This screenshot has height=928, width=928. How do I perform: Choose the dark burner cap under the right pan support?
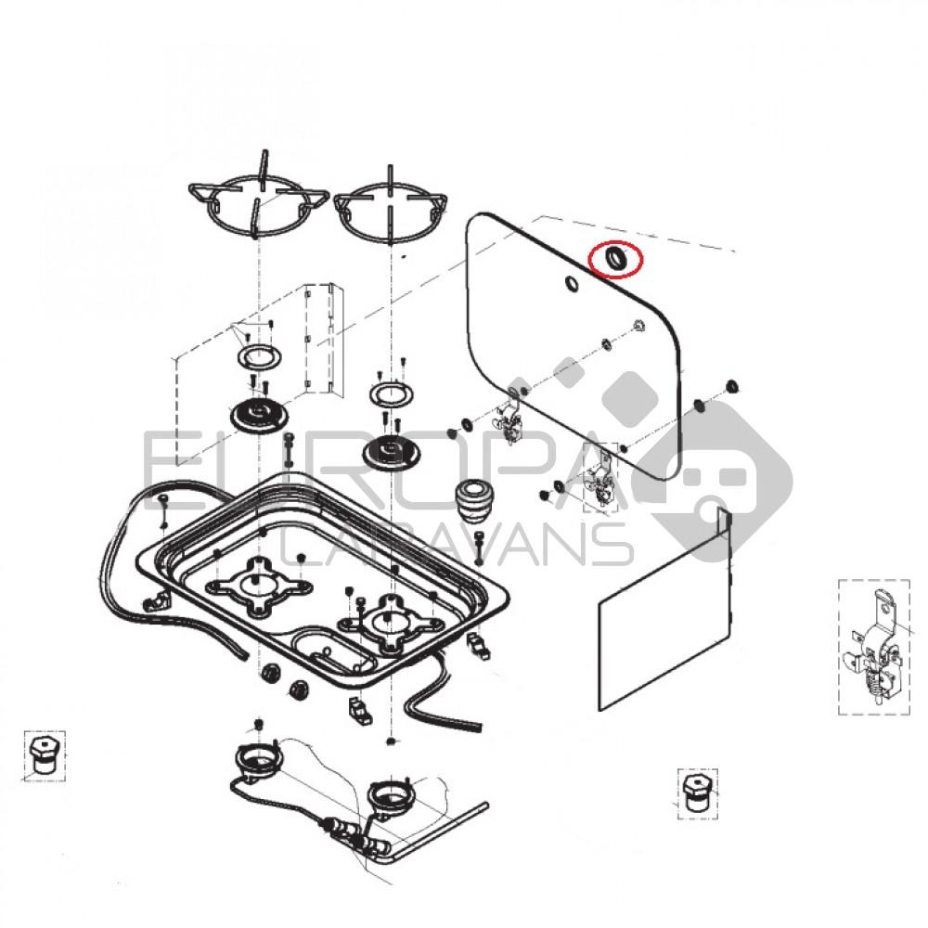[x=390, y=454]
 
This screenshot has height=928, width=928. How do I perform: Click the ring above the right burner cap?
[x=391, y=393]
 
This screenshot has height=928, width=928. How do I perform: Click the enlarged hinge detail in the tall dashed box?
[x=874, y=647]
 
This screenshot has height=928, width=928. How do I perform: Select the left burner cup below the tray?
[x=259, y=760]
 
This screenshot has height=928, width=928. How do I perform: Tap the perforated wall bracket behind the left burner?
[x=320, y=339]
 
